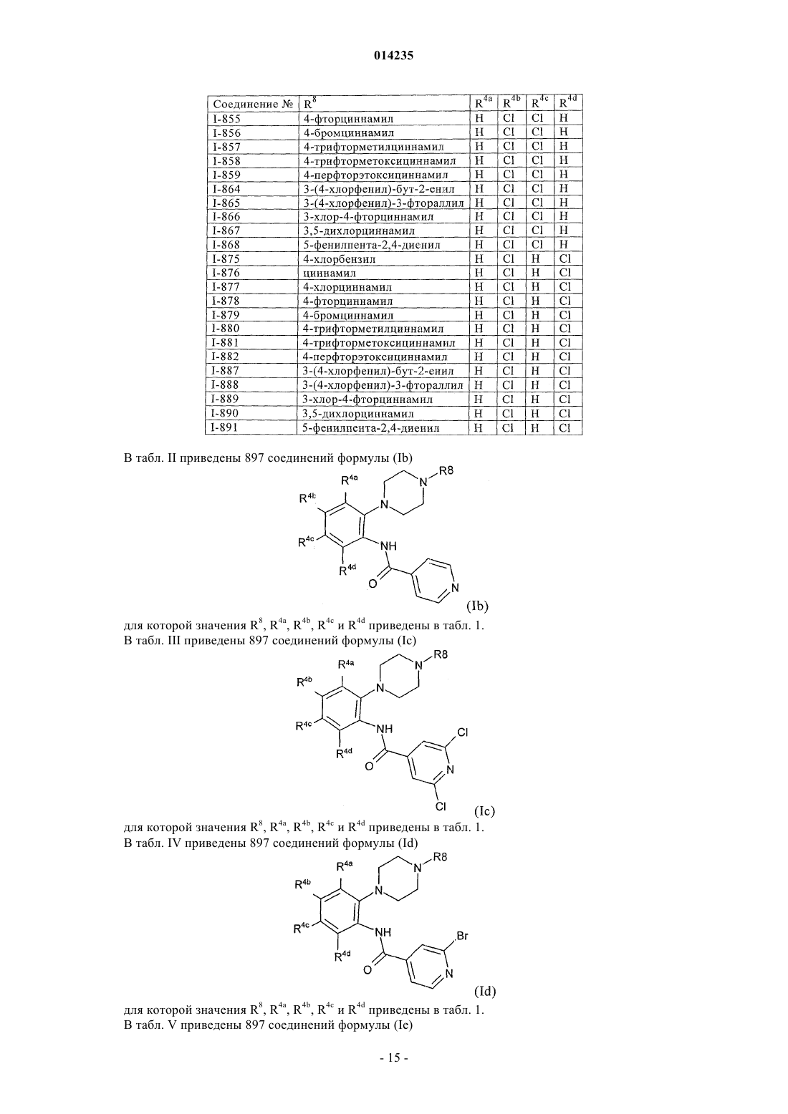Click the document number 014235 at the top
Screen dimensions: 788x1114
(x=393, y=56)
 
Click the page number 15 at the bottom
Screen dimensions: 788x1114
(x=394, y=1071)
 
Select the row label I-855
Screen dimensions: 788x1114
(x=227, y=119)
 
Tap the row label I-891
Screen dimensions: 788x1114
(x=226, y=427)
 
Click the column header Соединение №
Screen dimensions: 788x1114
(x=252, y=105)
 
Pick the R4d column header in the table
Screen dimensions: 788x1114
(x=567, y=102)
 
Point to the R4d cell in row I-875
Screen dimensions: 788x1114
(x=565, y=258)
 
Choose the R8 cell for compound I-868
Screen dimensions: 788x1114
(x=372, y=245)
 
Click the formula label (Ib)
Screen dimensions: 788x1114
(x=477, y=606)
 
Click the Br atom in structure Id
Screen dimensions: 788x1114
(x=462, y=936)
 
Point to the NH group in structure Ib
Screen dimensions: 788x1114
(x=388, y=546)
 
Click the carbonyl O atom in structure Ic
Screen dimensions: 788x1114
(x=369, y=766)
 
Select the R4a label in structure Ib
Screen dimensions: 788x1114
(x=350, y=480)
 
